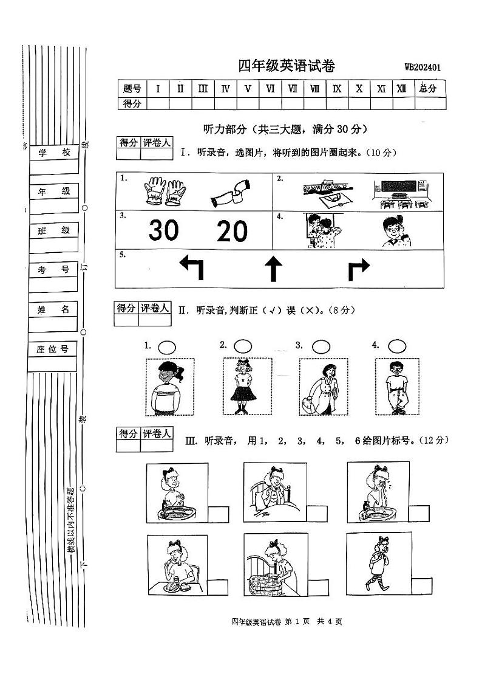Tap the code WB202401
coord(423,67)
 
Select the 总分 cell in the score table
coord(428,89)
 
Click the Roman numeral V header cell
coord(248,89)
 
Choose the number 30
coord(164,231)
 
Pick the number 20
coord(233,232)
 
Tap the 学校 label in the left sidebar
coord(54,153)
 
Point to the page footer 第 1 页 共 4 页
coord(287,621)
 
